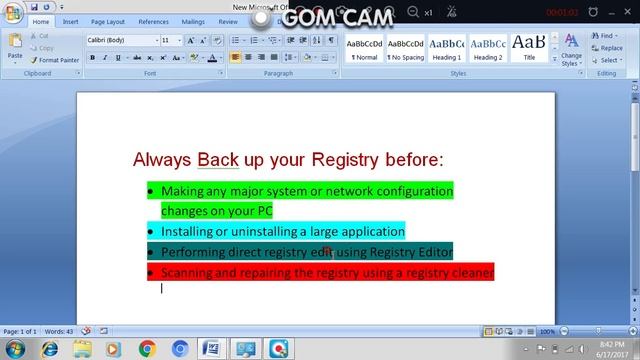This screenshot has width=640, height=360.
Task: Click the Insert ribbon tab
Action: [70, 20]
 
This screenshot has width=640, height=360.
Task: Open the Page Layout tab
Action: [109, 20]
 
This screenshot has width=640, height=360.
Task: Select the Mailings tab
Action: [193, 20]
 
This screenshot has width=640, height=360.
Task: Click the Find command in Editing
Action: [606, 36]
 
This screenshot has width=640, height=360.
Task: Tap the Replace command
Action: [609, 48]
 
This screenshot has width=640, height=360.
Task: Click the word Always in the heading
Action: [163, 160]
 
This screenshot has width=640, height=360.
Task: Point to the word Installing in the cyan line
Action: [196, 231]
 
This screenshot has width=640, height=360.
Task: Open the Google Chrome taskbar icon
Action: [147, 347]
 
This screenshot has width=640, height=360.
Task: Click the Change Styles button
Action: [571, 50]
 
